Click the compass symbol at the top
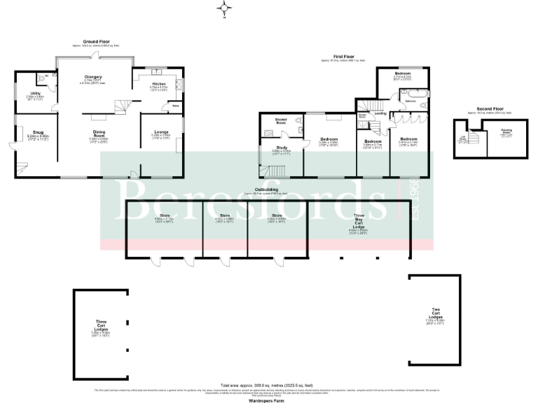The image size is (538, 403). coord(225,8)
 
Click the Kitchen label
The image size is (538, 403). coord(159,83)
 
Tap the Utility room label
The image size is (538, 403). coord(34,94)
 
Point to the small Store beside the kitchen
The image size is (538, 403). coord(167,106)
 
